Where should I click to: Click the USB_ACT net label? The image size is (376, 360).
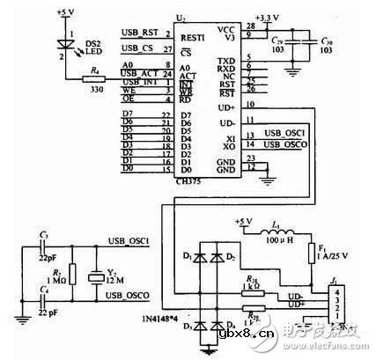pos(137,73)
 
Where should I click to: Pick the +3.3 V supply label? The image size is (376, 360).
pos(265,15)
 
